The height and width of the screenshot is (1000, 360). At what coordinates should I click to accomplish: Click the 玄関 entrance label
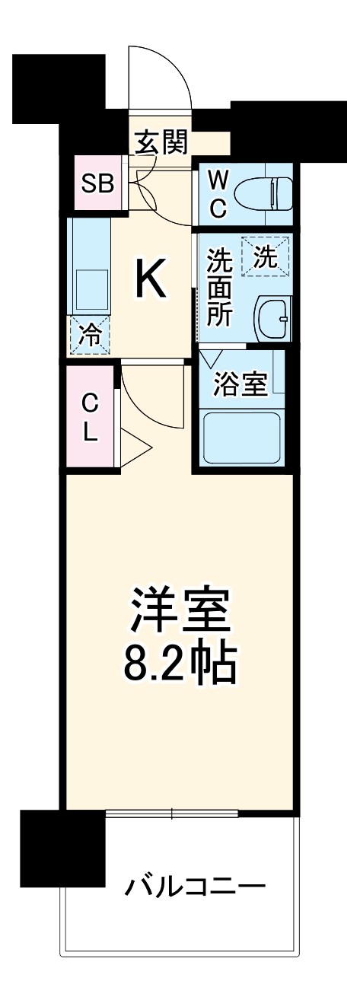click(161, 142)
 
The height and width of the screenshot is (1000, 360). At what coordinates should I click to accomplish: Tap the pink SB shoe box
click(97, 183)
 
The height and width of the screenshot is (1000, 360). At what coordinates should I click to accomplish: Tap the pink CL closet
click(90, 418)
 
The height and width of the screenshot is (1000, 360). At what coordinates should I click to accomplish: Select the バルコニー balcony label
click(195, 886)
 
